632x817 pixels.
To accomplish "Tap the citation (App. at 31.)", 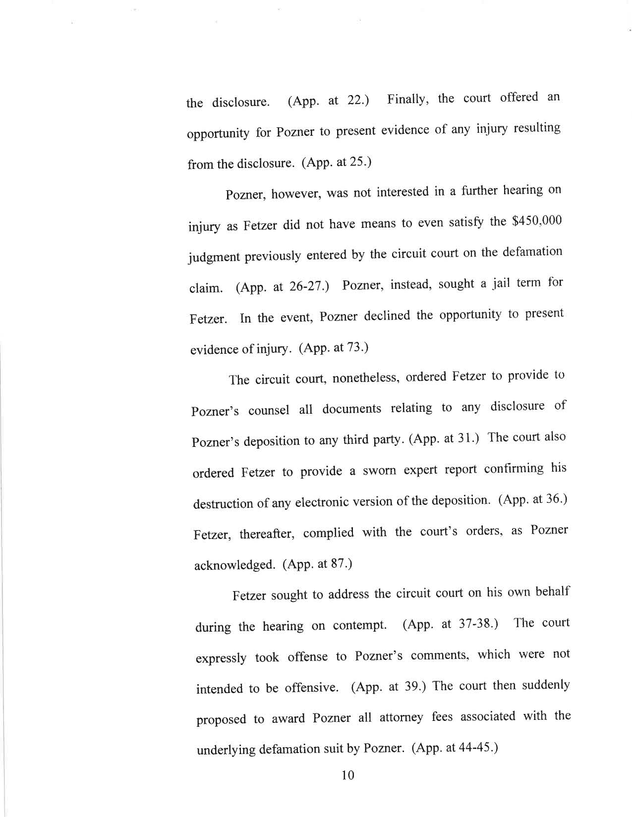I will pos(444,438).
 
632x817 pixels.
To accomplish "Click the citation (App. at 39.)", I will pos(390,687).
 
